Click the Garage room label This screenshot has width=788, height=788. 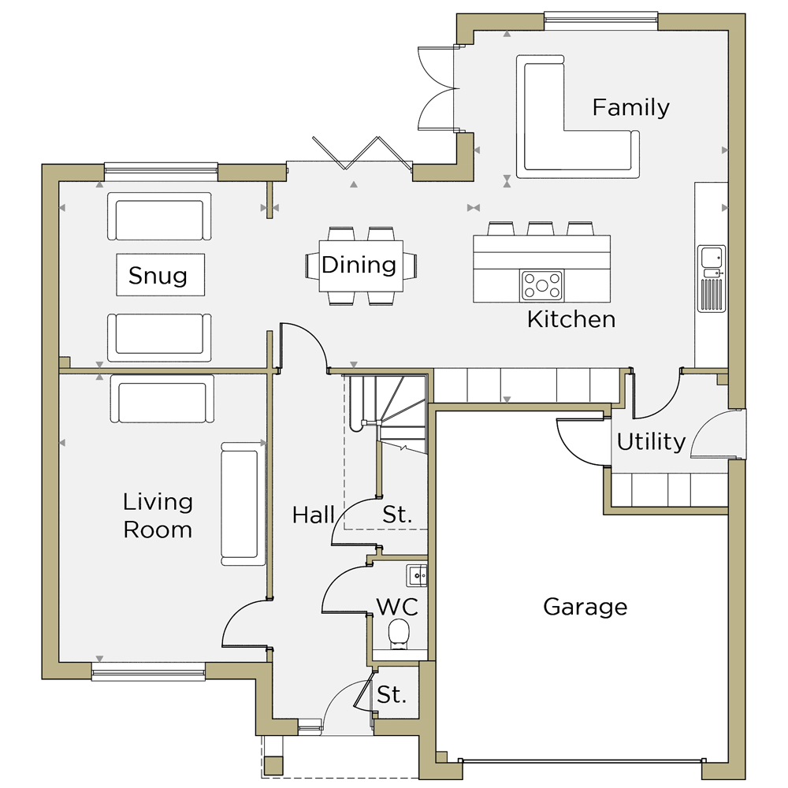[x=585, y=608]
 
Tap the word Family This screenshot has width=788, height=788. [x=630, y=107]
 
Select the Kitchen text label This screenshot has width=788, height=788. [x=571, y=320]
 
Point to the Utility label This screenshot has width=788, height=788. [x=651, y=442]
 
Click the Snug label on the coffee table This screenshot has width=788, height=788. [x=158, y=275]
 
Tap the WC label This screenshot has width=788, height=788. [x=397, y=607]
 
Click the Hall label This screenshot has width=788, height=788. [x=313, y=515]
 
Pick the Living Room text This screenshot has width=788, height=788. [x=158, y=516]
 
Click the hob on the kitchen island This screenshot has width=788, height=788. [x=542, y=285]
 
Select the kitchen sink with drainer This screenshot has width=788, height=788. [x=711, y=278]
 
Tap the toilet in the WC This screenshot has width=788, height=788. [x=400, y=634]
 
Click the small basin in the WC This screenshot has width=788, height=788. [x=417, y=575]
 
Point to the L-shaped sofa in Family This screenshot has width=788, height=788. [x=578, y=117]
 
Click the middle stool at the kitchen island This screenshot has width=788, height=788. [x=541, y=229]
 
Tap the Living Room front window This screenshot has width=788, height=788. [x=148, y=672]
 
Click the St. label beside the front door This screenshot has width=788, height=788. [x=392, y=695]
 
